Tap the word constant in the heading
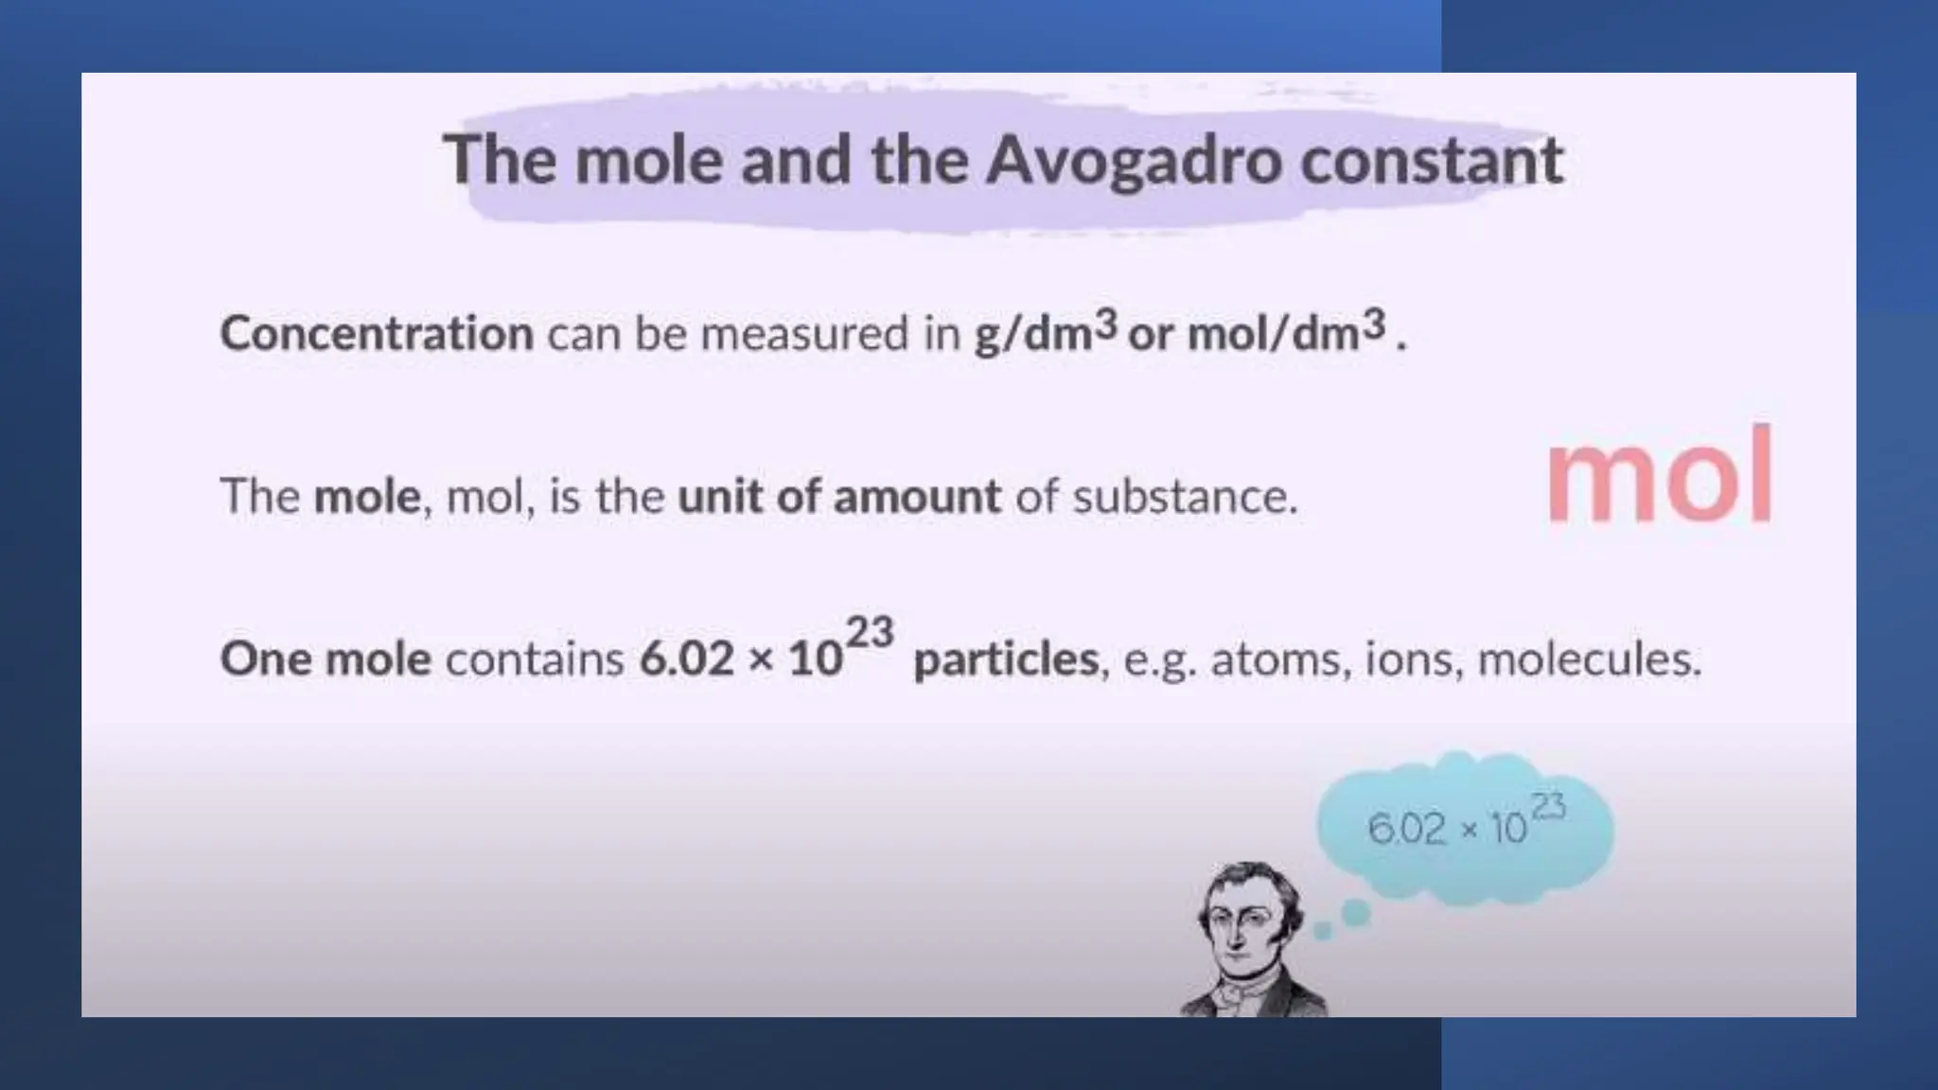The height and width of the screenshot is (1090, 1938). pyautogui.click(x=1431, y=159)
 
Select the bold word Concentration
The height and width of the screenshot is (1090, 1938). pyautogui.click(x=377, y=333)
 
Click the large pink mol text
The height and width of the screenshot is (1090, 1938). pyautogui.click(x=1659, y=475)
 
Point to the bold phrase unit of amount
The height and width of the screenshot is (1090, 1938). pyautogui.click(x=839, y=496)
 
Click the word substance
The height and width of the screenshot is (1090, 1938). pyautogui.click(x=1185, y=496)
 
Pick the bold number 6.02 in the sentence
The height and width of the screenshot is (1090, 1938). pyautogui.click(x=686, y=659)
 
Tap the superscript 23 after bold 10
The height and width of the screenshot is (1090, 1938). pyautogui.click(x=870, y=632)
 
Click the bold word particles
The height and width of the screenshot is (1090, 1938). pyautogui.click(x=1006, y=659)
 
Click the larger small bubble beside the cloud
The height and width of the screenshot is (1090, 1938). pyautogui.click(x=1356, y=913)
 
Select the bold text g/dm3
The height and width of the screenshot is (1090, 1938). pyautogui.click(x=1046, y=331)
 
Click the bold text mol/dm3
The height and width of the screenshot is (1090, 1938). pyautogui.click(x=1286, y=331)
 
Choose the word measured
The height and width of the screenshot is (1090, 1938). pyautogui.click(x=804, y=333)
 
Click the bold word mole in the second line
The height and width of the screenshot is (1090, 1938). pyautogui.click(x=367, y=496)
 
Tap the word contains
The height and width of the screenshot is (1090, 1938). pyautogui.click(x=535, y=659)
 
